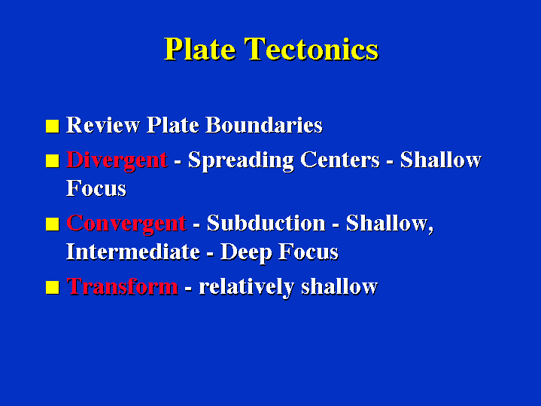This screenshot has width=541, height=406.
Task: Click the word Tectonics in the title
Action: click(x=312, y=50)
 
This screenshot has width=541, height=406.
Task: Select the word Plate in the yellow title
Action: click(x=199, y=50)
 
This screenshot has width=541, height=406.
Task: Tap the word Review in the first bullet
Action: click(x=103, y=125)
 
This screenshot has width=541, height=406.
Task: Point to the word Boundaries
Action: click(x=264, y=125)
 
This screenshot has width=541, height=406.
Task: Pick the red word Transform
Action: click(x=122, y=287)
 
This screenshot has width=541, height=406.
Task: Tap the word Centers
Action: click(x=340, y=160)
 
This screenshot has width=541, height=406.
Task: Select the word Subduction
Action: click(x=266, y=223)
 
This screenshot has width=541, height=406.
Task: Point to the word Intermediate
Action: click(x=133, y=252)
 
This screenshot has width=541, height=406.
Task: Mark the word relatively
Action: click(x=246, y=288)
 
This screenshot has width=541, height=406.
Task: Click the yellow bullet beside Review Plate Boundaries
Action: click(x=53, y=126)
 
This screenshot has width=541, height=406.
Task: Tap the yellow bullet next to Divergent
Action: click(x=53, y=161)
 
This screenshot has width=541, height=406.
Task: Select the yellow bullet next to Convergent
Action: click(x=53, y=224)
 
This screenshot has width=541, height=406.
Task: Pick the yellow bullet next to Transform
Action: click(x=53, y=287)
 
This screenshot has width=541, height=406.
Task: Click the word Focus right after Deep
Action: click(x=308, y=252)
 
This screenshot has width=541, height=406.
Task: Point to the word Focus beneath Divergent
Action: click(x=96, y=188)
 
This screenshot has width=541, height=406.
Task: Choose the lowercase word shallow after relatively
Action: click(x=339, y=287)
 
